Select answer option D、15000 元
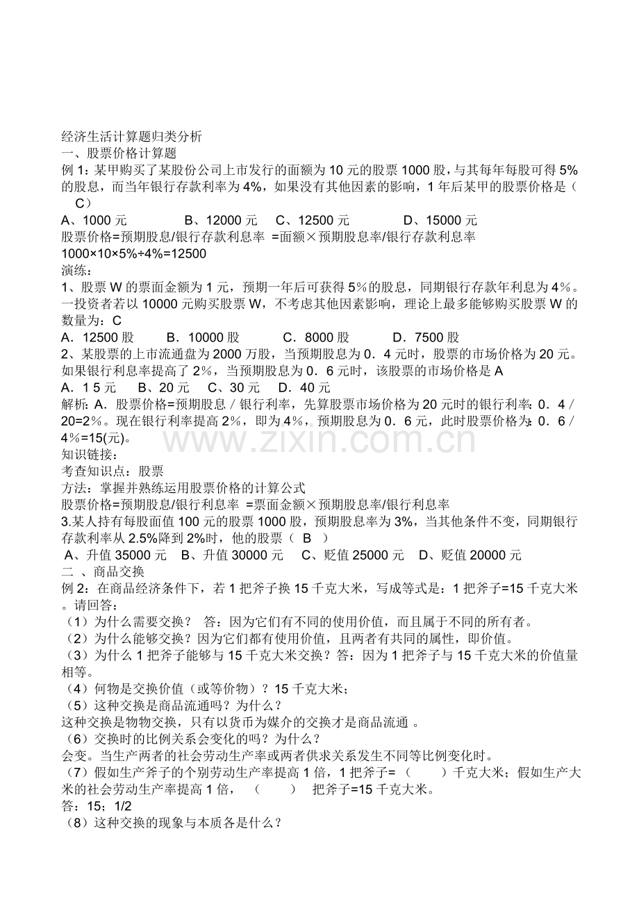pyautogui.click(x=440, y=219)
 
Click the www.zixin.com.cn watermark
pyautogui.click(x=319, y=439)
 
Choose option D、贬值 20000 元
pyautogui.click(x=470, y=555)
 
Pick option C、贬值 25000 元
pyautogui.click(x=352, y=555)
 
